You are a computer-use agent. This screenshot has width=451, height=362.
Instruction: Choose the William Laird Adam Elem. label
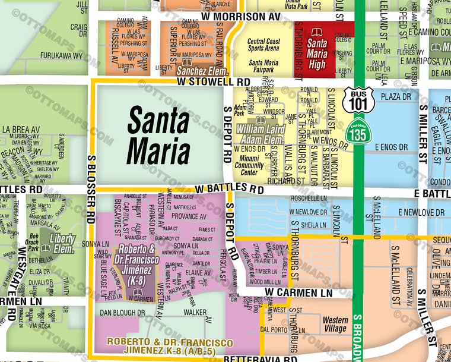(x=259, y=134)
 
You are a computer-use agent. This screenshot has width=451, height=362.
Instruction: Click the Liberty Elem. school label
(x=61, y=244)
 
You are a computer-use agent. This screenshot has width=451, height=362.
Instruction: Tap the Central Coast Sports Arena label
(x=263, y=45)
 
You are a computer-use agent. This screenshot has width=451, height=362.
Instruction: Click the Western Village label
(x=335, y=325)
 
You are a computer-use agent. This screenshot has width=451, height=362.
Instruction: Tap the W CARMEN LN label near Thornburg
(x=298, y=293)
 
